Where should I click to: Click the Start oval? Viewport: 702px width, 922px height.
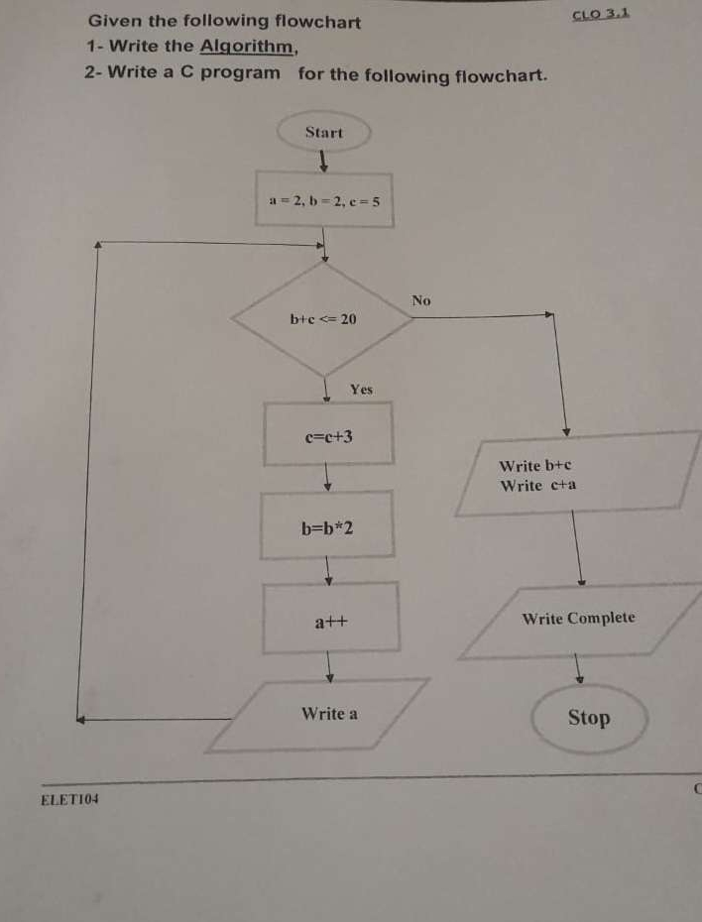coord(324,133)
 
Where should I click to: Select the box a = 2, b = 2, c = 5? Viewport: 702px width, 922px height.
coord(325,200)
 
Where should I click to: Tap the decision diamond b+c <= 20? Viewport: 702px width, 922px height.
coord(323,318)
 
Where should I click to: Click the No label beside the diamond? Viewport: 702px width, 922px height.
coord(421,299)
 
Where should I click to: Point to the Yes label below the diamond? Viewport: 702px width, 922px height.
coord(361,390)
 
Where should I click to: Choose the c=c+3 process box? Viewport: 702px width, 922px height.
coord(328,434)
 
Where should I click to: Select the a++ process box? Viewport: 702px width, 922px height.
coord(330,622)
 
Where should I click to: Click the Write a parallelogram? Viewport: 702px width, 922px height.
coord(330,714)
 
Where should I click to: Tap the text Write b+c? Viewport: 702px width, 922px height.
coord(535,465)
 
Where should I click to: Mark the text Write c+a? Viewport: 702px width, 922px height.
coord(537,486)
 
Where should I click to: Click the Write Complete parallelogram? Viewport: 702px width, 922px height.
coord(579,620)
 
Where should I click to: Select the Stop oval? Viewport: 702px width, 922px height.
coord(589,718)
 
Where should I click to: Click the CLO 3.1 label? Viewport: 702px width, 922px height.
coord(601,15)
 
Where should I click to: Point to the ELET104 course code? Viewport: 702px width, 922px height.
coord(69,799)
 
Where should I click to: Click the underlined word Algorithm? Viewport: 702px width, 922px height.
coord(248,46)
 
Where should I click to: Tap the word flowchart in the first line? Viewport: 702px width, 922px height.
coord(317,21)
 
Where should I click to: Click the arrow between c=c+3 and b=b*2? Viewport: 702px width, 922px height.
coord(327,479)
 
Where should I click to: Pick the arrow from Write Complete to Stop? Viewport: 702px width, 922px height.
coord(580,670)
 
